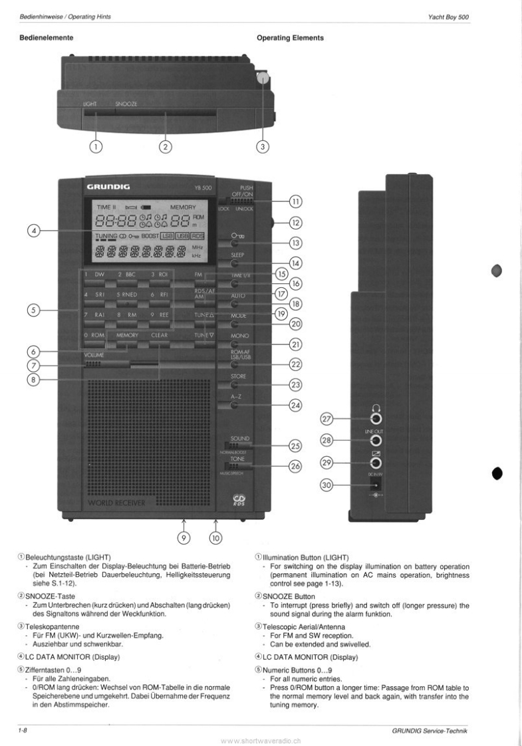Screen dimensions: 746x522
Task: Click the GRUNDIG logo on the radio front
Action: [x=108, y=187]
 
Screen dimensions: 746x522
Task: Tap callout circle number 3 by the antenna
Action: [x=263, y=146]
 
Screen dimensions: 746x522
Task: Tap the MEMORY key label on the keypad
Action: [x=127, y=336]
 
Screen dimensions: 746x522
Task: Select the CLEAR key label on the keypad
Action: [x=160, y=336]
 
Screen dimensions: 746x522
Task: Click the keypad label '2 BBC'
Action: [x=128, y=275]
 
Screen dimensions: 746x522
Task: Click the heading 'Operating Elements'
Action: [x=290, y=38]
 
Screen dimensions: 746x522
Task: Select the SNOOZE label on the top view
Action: [x=127, y=104]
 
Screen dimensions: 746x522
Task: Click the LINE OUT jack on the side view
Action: [x=376, y=440]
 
